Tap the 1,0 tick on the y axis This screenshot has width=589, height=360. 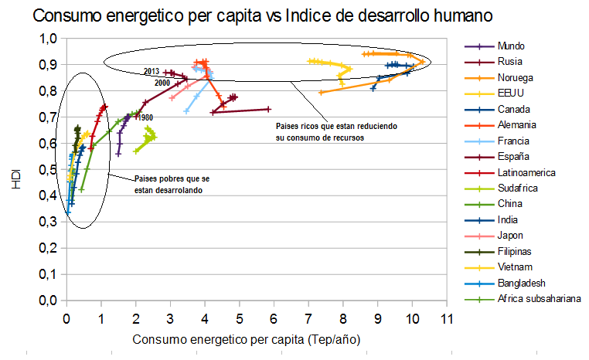click(x=47, y=39)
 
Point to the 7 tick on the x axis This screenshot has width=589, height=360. click(x=308, y=317)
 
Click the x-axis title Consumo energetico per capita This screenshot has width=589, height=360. click(x=247, y=339)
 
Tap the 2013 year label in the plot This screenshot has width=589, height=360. click(x=152, y=72)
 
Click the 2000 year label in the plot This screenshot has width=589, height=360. click(x=162, y=83)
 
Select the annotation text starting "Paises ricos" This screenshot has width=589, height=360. click(x=319, y=131)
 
